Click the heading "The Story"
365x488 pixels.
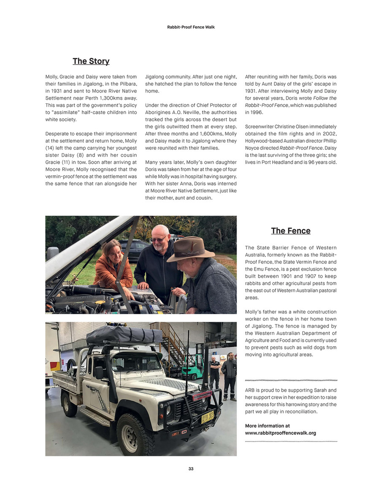(x=91, y=61)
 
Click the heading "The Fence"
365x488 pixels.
(x=290, y=230)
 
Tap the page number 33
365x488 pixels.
(x=191, y=469)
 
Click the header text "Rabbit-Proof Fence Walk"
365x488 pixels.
(x=191, y=27)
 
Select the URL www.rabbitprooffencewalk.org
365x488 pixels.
(x=280, y=433)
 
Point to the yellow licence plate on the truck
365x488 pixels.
(x=207, y=418)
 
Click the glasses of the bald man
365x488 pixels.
(x=158, y=239)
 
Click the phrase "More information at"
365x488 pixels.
(x=268, y=426)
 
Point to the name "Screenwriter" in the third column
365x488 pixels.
(x=259, y=127)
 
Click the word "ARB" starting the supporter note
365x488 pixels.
(x=249, y=390)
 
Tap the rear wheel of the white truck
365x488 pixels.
(x=70, y=404)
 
